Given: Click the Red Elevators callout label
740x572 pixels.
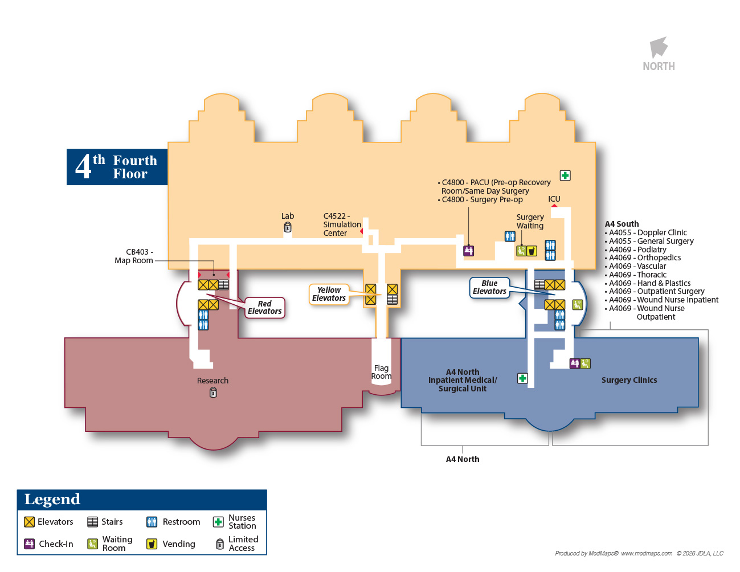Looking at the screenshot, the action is (x=264, y=308).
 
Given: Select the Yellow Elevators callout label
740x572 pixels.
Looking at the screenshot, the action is (x=329, y=294).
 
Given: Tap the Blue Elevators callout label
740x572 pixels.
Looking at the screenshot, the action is (x=489, y=287).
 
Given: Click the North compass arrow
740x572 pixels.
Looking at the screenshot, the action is (x=659, y=47).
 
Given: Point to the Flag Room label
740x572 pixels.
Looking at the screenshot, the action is (x=381, y=372).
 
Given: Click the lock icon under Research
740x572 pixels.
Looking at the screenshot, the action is (x=213, y=393).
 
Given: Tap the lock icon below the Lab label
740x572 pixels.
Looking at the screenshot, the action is (x=288, y=227).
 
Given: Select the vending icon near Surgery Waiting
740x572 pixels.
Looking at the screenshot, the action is (x=532, y=251).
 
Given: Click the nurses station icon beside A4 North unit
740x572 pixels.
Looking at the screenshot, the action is (x=522, y=378).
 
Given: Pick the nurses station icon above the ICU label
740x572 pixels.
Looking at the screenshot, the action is (x=565, y=175).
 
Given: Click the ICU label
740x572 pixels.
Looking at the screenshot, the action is (x=554, y=199).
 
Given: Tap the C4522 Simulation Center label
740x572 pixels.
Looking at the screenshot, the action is (x=342, y=224).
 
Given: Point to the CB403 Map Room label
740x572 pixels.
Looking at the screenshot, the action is (x=134, y=256).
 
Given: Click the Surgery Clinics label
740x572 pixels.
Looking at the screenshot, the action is (x=629, y=380).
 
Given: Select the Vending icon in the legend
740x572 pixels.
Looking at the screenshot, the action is (x=152, y=544).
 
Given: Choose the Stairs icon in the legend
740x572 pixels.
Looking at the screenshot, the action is (x=92, y=522).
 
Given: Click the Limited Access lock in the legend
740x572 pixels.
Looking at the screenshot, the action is (x=220, y=544).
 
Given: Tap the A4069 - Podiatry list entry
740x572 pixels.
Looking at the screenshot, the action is (x=635, y=250).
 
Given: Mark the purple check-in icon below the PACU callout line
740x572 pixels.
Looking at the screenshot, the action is (x=469, y=251).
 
